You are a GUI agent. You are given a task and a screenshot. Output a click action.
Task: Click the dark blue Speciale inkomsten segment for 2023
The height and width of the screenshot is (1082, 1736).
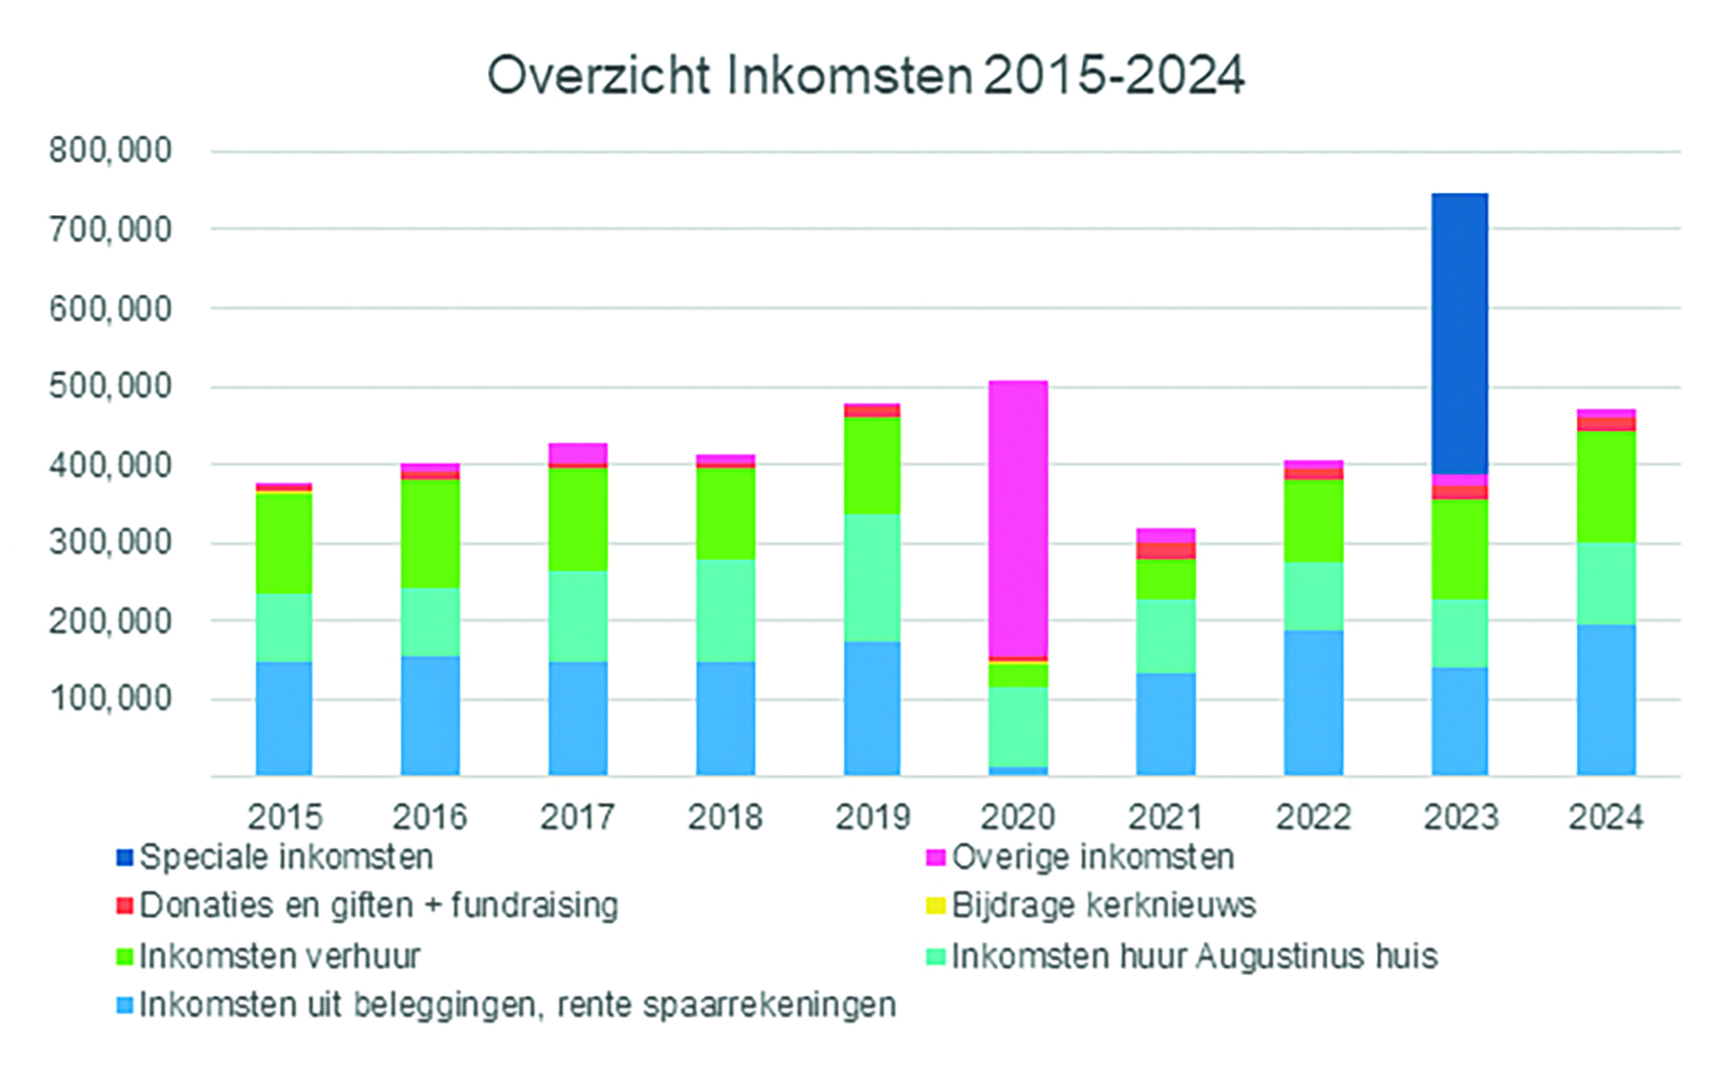click(x=1459, y=333)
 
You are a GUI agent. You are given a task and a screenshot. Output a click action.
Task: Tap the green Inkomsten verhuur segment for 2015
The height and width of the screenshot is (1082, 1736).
click(x=284, y=542)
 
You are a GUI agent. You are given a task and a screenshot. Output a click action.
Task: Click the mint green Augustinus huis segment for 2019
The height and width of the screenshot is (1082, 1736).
click(x=872, y=578)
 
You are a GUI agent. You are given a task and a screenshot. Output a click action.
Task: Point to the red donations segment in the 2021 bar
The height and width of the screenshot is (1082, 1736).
click(x=1165, y=551)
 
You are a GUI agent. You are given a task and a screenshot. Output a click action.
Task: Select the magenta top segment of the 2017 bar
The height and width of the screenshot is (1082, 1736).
click(x=578, y=453)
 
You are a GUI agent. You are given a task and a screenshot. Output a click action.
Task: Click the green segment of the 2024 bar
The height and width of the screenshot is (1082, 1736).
click(x=1606, y=486)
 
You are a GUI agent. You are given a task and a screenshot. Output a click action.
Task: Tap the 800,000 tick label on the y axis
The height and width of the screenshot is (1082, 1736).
click(x=110, y=150)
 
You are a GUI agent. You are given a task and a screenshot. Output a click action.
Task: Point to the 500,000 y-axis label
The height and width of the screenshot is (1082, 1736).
click(x=110, y=387)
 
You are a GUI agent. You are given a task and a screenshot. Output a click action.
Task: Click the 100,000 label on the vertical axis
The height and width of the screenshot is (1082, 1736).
click(x=110, y=698)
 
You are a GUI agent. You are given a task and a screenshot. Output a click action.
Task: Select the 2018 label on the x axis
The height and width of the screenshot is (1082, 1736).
click(x=725, y=817)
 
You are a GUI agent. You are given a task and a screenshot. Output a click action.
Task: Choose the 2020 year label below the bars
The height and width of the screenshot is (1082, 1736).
click(x=1018, y=817)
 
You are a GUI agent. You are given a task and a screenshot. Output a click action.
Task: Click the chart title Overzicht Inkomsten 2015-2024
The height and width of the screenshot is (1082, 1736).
click(x=865, y=75)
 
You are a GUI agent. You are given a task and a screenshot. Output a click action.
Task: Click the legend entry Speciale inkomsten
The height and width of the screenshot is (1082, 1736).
click(x=285, y=857)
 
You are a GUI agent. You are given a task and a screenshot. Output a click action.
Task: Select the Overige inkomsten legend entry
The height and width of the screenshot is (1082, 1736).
click(x=1092, y=857)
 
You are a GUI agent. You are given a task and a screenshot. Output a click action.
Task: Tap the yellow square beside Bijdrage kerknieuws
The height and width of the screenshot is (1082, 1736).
click(x=935, y=906)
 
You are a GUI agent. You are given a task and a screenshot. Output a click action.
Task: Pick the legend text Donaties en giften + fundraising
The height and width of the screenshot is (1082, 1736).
click(x=378, y=906)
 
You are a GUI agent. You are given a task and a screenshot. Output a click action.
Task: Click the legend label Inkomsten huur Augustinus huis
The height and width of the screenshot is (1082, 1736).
click(x=1194, y=957)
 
